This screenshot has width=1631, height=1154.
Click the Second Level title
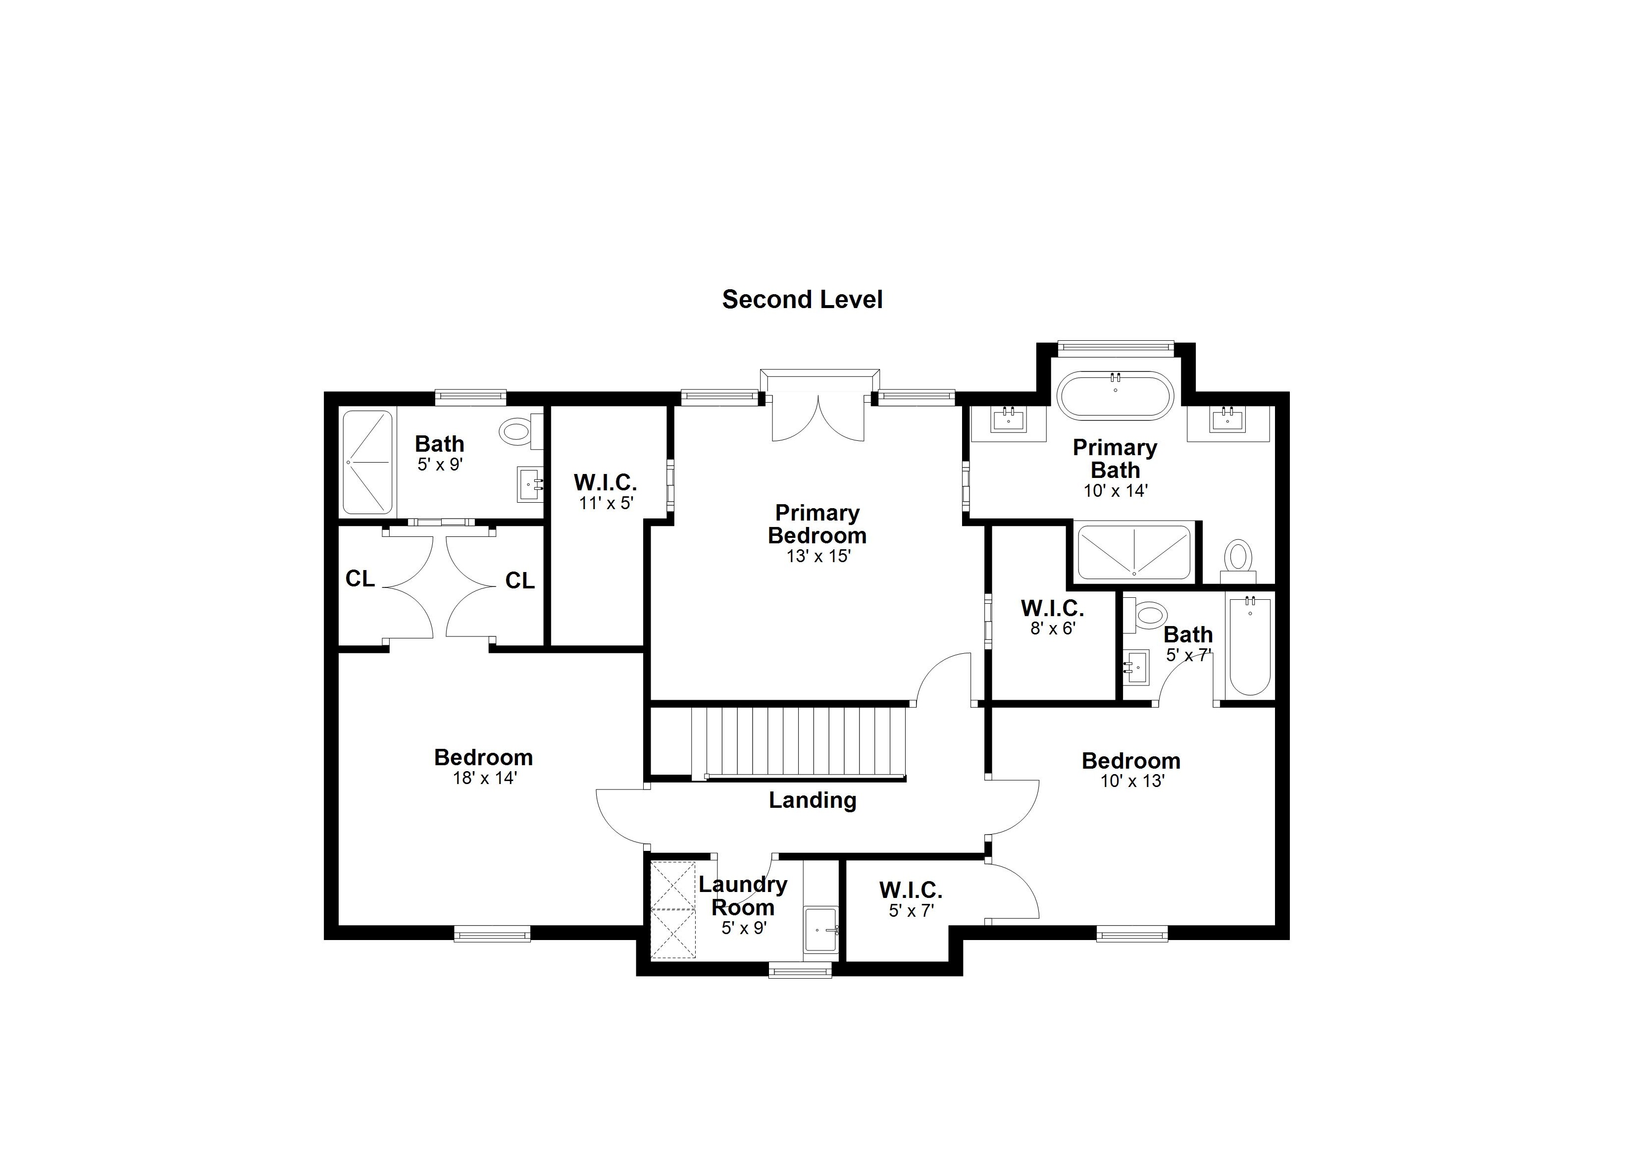coord(802,299)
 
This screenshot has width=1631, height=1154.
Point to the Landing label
coord(813,800)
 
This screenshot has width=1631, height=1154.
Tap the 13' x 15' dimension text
coord(818,556)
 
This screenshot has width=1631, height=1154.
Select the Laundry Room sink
coord(821,930)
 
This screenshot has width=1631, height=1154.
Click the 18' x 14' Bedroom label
coord(484,757)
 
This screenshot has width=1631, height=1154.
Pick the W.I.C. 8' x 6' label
coord(1052,609)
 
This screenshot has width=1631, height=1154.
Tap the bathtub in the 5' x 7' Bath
coord(1250,647)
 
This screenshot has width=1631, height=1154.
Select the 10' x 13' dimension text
coord(1132,781)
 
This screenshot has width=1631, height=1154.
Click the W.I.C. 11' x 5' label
coord(605,483)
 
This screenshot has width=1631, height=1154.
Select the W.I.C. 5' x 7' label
coord(911,891)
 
